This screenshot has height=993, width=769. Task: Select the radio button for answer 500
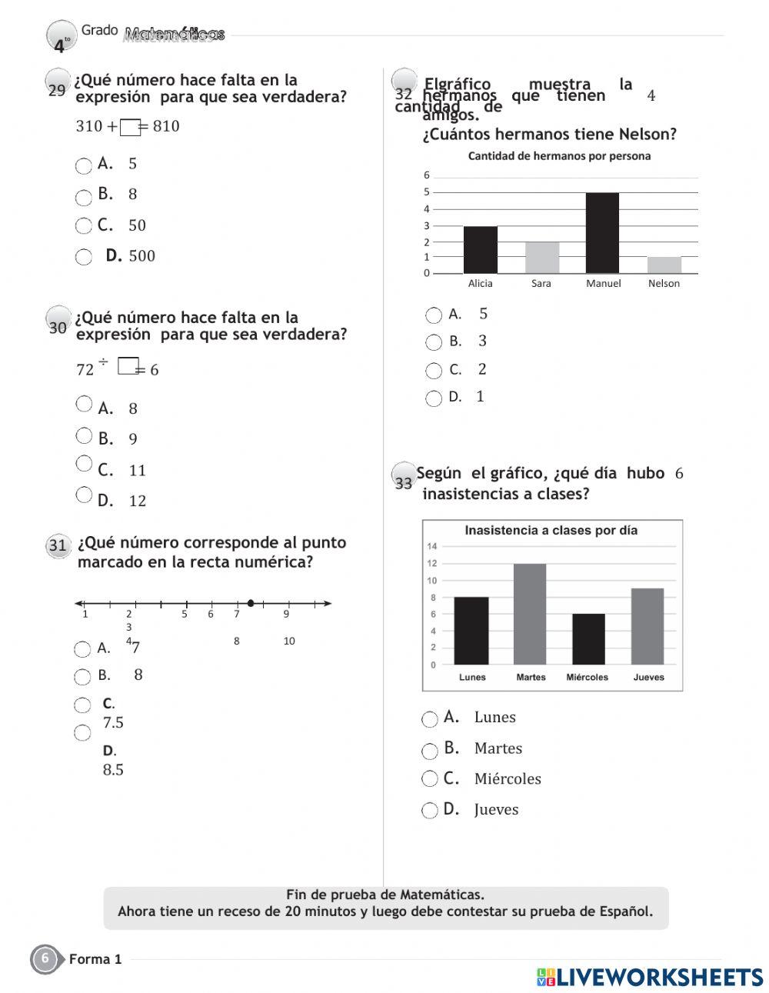pyautogui.click(x=84, y=257)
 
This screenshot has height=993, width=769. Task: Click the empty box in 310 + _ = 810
pyautogui.click(x=131, y=128)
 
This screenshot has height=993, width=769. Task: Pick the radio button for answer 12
pyautogui.click(x=84, y=495)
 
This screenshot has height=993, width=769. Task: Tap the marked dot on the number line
pyautogui.click(x=251, y=603)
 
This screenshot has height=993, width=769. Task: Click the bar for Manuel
pyautogui.click(x=602, y=233)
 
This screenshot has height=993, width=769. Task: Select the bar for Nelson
pyautogui.click(x=664, y=265)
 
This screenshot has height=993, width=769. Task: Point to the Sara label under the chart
pyautogui.click(x=541, y=283)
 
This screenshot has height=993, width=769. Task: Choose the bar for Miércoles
pyautogui.click(x=588, y=639)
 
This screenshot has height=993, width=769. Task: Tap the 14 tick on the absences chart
pyautogui.click(x=431, y=546)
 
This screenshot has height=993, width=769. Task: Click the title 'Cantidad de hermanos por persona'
pyautogui.click(x=559, y=156)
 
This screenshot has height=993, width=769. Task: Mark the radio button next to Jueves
pyautogui.click(x=430, y=811)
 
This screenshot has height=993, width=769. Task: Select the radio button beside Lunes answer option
pyautogui.click(x=430, y=719)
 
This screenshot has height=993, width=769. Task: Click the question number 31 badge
pyautogui.click(x=58, y=546)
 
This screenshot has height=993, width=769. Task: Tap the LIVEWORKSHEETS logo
pyautogui.click(x=650, y=977)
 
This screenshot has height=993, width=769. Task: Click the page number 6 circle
pyautogui.click(x=45, y=959)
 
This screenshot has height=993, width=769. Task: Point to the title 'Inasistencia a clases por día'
pyautogui.click(x=551, y=530)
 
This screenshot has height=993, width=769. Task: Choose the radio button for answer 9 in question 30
pyautogui.click(x=84, y=436)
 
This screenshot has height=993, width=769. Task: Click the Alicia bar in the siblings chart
pyautogui.click(x=480, y=249)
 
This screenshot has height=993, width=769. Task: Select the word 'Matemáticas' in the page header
pyautogui.click(x=175, y=34)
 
